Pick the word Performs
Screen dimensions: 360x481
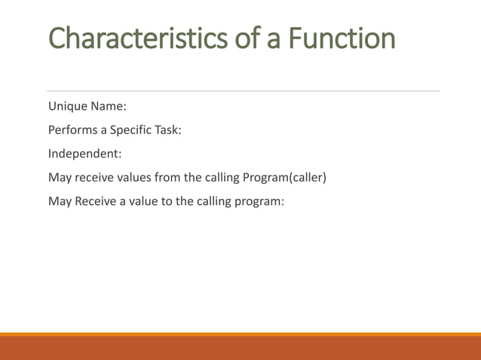pos(74,130)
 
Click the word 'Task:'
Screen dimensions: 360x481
pos(168,130)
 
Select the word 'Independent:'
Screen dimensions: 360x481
pos(85,154)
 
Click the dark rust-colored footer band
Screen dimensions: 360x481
pos(240,349)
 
